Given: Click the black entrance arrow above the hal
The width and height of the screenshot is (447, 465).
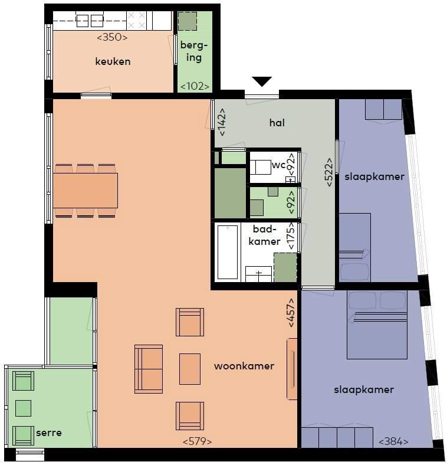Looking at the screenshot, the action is click(x=262, y=81).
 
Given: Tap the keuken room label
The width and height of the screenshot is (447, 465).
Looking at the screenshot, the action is click(x=113, y=61).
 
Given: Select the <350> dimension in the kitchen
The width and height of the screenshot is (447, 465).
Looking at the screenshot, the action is click(x=113, y=37).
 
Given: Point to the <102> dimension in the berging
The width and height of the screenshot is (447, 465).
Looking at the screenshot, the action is click(x=195, y=86).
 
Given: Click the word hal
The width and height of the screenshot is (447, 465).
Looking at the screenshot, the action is click(x=277, y=123).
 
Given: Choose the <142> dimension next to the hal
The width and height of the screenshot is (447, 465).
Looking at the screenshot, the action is click(x=222, y=122).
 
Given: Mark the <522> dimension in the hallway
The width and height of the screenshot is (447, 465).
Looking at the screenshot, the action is click(x=330, y=172).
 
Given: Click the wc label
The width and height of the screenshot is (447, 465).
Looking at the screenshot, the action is click(x=278, y=165).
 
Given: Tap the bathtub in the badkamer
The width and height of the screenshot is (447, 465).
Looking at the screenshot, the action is click(x=228, y=252).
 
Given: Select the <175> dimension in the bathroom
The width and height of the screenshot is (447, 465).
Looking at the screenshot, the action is click(x=291, y=236).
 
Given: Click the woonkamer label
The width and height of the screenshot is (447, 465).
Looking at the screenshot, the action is click(x=244, y=366).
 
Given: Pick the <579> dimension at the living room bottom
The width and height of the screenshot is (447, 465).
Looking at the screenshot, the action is click(x=198, y=441).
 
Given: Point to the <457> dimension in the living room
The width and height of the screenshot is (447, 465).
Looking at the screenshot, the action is click(x=291, y=313).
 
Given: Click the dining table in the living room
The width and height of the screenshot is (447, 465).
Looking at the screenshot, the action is click(x=86, y=191).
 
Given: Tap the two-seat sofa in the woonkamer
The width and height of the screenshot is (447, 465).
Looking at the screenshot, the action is click(x=149, y=369).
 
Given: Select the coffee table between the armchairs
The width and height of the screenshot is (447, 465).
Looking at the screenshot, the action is click(x=190, y=369).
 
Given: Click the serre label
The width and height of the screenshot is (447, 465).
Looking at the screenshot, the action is click(x=49, y=433).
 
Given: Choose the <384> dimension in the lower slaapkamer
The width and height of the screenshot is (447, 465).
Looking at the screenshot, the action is click(x=394, y=441).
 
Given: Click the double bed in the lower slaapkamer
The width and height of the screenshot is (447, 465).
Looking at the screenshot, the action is click(x=377, y=325).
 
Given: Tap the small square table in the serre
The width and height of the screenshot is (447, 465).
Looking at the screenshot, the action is click(x=23, y=408).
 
